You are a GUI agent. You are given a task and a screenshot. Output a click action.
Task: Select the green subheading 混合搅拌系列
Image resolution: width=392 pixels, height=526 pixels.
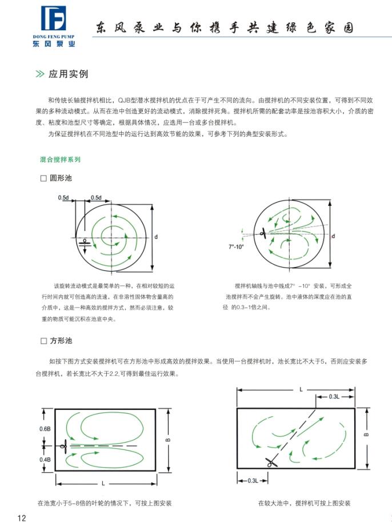click(60, 160)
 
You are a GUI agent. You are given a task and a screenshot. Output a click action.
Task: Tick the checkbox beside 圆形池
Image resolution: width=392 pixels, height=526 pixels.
click(43, 178)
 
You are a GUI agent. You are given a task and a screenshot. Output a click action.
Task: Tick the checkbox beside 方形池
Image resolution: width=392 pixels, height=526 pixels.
click(43, 341)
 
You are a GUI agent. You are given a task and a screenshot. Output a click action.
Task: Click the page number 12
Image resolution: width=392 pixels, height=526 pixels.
click(22, 518)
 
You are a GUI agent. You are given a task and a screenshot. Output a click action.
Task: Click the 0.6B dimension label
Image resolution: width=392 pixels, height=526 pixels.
click(45, 429)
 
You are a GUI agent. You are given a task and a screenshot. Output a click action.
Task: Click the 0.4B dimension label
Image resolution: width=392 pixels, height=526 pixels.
click(45, 459)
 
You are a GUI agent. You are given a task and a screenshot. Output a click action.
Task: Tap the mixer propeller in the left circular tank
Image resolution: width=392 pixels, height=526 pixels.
click(85, 241)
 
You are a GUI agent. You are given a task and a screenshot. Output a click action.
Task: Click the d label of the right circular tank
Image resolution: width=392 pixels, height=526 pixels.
click(333, 235)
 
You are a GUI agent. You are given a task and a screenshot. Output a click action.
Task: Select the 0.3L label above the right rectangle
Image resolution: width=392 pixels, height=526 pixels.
click(335, 396)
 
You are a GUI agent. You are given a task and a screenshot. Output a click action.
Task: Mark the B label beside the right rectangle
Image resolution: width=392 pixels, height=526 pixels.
click(366, 433)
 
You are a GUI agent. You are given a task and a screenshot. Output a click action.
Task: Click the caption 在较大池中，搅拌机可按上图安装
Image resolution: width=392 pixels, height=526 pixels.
click(304, 503)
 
